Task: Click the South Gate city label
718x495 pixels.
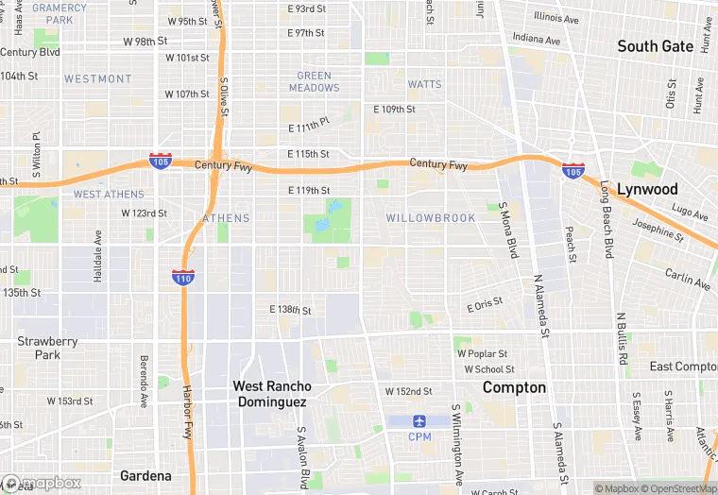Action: (x=656, y=46)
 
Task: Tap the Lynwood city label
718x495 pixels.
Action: (x=647, y=189)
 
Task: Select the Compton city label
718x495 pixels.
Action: (x=514, y=387)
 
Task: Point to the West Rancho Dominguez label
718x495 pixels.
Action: (x=271, y=394)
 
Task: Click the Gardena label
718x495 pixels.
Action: (x=145, y=475)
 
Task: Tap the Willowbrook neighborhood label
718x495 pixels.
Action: (x=430, y=218)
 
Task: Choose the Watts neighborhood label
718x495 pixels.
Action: (x=424, y=84)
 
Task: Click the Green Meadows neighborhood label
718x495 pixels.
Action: (x=315, y=82)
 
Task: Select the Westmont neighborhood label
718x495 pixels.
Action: (x=98, y=78)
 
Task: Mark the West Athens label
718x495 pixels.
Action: (x=109, y=195)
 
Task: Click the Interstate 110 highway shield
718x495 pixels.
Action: (x=183, y=276)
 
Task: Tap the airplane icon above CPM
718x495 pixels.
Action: (x=419, y=420)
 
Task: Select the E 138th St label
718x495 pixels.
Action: (x=290, y=310)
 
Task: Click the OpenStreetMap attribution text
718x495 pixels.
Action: (x=680, y=488)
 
